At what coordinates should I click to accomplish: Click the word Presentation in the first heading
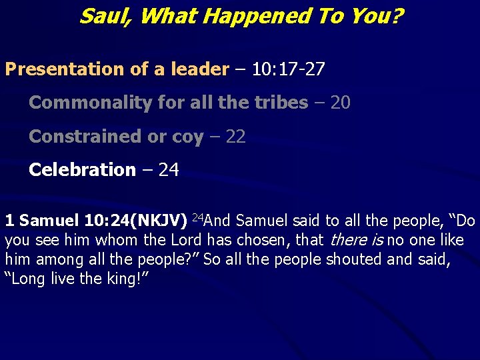[59, 69]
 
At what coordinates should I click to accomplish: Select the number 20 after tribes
[340, 103]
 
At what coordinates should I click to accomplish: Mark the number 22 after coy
[235, 137]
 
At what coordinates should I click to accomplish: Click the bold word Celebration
[82, 170]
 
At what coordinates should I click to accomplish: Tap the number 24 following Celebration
[169, 170]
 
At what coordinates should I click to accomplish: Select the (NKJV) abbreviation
[159, 220]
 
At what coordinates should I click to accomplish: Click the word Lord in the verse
[187, 239]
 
